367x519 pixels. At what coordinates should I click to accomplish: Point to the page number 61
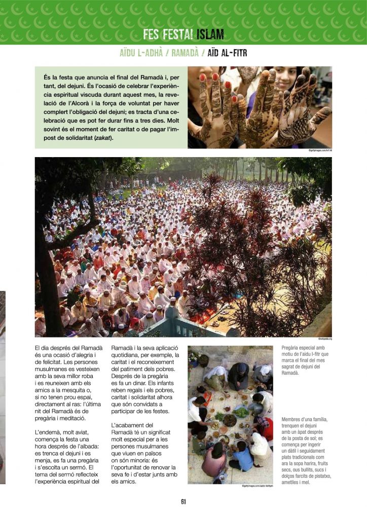point(183,502)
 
